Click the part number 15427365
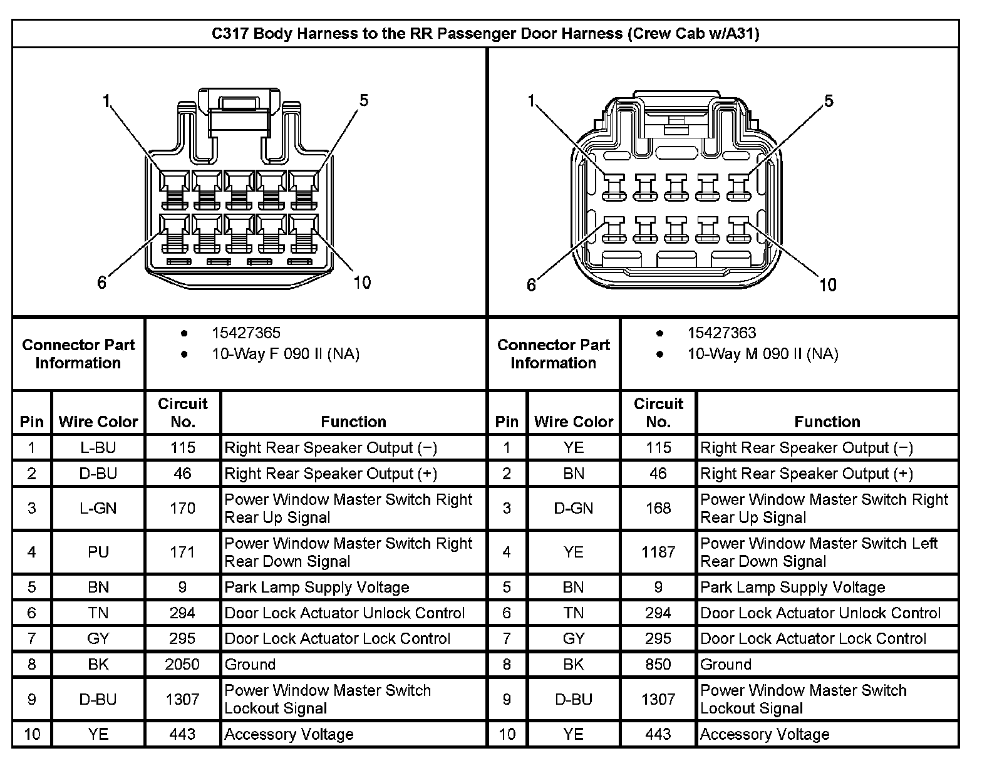246,333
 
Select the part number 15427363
721,333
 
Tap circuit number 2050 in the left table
182,664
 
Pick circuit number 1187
658,552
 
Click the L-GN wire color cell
98,508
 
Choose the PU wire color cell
98,552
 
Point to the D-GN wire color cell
573,508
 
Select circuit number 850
658,664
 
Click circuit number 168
658,508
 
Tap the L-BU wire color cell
98,448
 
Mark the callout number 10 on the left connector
362,283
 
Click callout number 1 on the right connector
532,101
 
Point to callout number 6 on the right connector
531,285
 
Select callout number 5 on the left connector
363,100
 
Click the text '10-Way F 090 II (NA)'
285,355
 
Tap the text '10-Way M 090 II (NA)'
762,355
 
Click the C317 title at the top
485,34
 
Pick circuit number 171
182,552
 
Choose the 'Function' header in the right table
827,422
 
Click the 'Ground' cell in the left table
250,664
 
